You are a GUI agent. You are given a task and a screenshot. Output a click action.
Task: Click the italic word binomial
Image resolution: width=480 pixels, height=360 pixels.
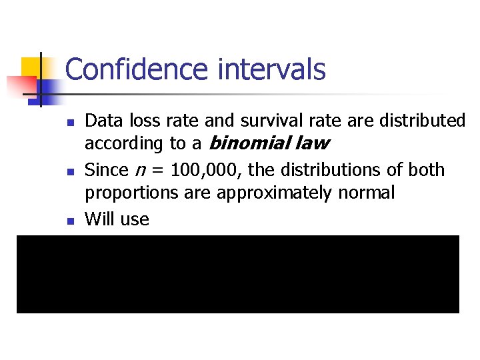[249, 143]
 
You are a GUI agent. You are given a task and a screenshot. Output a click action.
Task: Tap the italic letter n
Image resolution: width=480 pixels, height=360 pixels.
[139, 171]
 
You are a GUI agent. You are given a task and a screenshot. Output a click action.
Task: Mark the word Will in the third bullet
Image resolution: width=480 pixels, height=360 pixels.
[99, 219]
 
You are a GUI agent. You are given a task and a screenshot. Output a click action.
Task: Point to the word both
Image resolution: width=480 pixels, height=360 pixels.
[425, 170]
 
